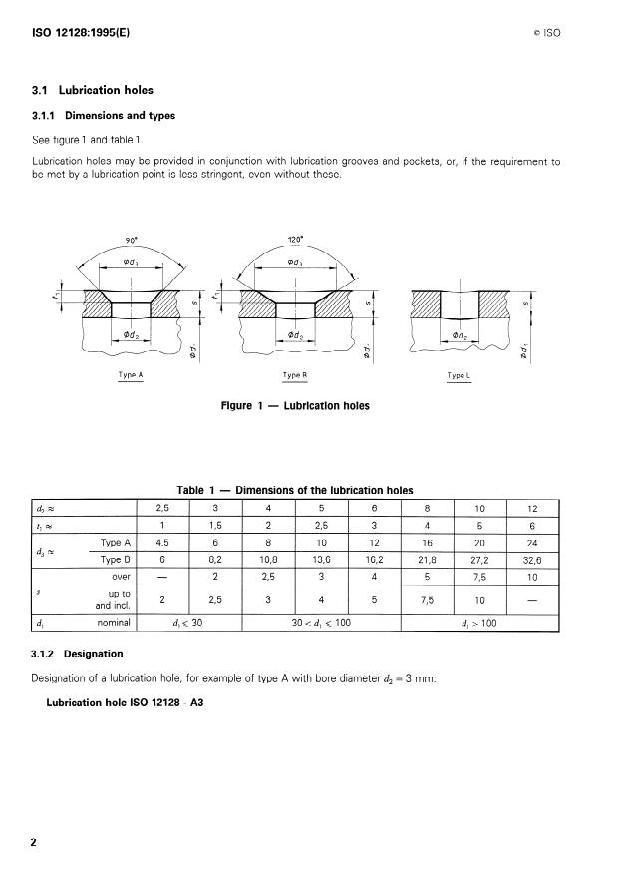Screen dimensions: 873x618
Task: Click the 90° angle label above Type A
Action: (x=130, y=240)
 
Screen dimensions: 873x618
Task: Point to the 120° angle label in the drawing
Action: (x=293, y=240)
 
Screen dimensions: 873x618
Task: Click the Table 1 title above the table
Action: (x=294, y=490)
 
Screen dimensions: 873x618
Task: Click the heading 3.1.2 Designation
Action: (x=77, y=655)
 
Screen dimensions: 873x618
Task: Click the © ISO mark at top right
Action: (x=547, y=33)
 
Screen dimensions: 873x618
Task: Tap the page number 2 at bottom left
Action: (x=34, y=842)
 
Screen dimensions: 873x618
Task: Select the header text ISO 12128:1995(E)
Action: (x=81, y=32)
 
